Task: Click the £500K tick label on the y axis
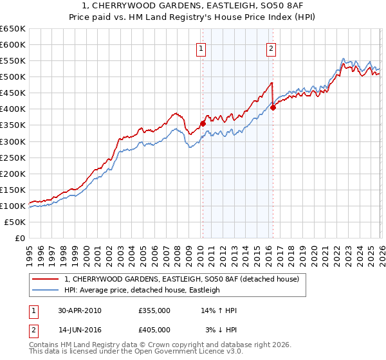12,77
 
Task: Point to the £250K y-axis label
12,157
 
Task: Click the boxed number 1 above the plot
201,48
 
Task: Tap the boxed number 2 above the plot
271,48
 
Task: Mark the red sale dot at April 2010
203,123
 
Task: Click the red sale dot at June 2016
273,107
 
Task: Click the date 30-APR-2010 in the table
79,310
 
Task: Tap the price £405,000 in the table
154,329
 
